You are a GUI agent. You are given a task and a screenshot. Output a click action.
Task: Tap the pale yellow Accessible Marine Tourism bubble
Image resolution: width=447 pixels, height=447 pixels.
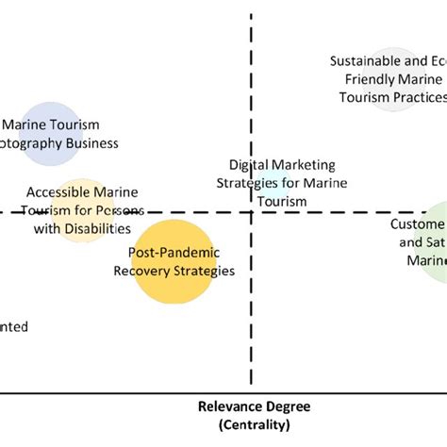[x=84, y=209]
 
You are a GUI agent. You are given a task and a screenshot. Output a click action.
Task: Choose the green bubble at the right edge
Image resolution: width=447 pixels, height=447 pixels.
[x=437, y=241]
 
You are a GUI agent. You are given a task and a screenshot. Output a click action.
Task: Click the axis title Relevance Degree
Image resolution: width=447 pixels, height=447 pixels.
[x=254, y=407]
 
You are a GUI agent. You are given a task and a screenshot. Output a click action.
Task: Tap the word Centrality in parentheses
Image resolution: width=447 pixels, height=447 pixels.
[x=254, y=425]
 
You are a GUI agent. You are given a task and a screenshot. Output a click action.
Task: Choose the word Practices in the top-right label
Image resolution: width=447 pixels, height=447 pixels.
[x=414, y=97]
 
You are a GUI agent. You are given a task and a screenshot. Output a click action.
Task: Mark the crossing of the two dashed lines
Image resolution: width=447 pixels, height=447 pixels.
[x=252, y=212]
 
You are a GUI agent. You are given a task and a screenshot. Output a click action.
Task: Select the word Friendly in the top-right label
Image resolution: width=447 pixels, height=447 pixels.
[x=372, y=79]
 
